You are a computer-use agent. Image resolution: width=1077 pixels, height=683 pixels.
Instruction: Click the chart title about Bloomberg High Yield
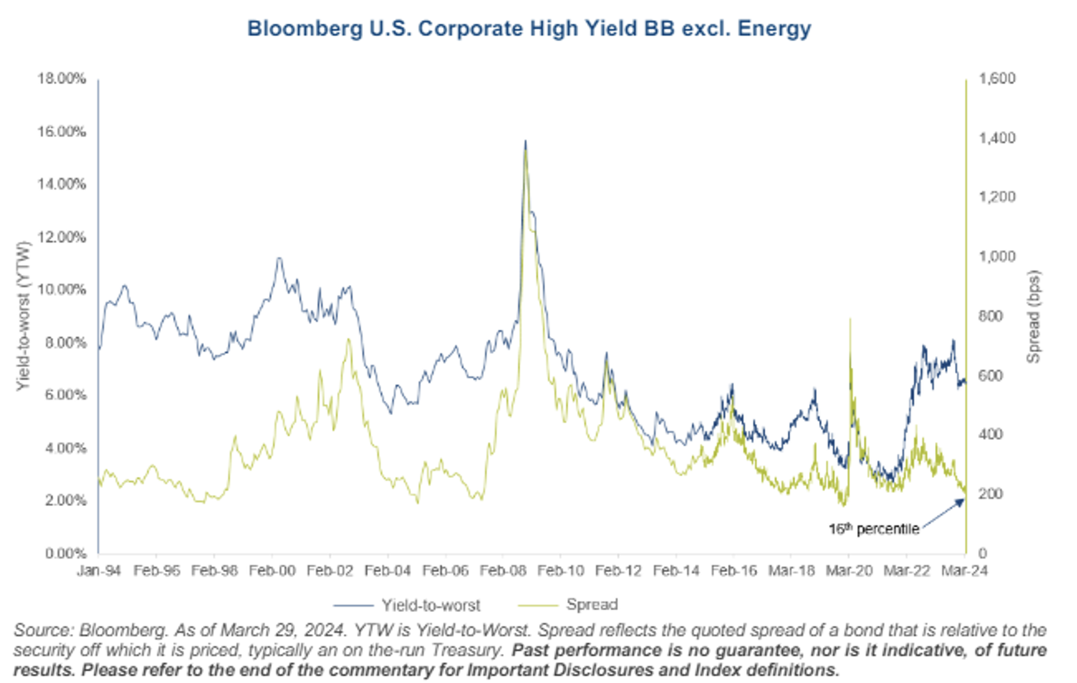click(529, 29)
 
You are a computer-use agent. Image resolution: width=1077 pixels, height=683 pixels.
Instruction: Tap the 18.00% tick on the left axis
click(61, 79)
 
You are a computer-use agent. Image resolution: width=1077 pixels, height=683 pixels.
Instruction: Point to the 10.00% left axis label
click(61, 289)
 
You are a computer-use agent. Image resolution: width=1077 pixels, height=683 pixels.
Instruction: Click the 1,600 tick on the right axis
click(997, 79)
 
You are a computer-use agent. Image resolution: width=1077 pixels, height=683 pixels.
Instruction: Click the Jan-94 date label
click(98, 571)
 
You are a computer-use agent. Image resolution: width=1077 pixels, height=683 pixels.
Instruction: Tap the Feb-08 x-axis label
click(503, 571)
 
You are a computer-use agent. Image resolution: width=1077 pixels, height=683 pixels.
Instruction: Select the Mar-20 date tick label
click(849, 571)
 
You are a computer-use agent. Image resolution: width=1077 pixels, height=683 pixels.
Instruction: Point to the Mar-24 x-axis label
click(964, 571)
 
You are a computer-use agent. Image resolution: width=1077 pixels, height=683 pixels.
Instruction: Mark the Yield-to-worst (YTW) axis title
click(23, 316)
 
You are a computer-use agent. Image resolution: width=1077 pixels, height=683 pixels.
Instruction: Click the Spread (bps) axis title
click(1033, 316)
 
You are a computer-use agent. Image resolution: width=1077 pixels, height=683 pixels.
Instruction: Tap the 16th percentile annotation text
click(874, 529)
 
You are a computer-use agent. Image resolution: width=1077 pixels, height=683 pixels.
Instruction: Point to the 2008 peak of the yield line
click(525, 141)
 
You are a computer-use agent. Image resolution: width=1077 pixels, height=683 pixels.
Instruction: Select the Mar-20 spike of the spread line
click(849, 320)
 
